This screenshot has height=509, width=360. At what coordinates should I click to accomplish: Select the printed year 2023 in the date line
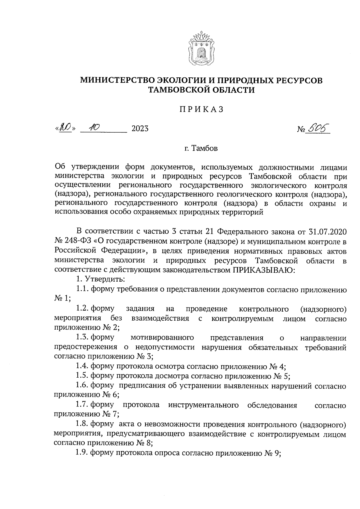point(140,129)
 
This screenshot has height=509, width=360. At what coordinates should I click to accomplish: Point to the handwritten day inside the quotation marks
point(66,128)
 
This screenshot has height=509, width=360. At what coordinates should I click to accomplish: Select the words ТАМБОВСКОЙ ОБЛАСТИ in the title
point(202,90)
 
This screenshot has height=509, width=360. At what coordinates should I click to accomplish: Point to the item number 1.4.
point(82,366)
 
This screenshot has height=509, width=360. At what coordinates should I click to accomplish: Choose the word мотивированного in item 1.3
point(162,338)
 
